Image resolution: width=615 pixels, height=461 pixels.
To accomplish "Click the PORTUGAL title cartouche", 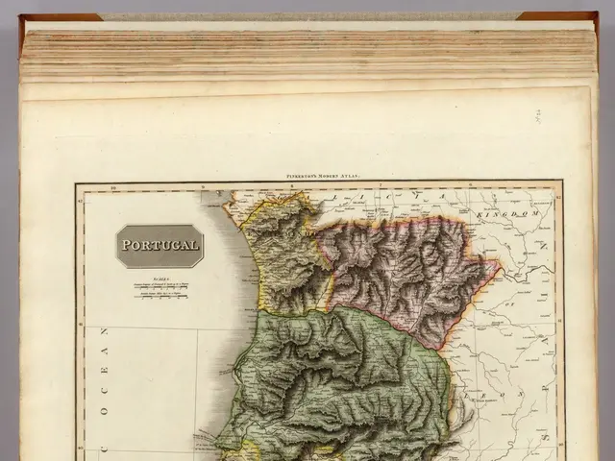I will [x=160, y=246].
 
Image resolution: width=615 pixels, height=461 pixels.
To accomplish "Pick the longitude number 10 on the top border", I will [x=113, y=186].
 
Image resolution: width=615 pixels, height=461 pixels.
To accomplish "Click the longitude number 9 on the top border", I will [x=201, y=186].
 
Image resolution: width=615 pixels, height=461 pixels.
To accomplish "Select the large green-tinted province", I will [x=346, y=375].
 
